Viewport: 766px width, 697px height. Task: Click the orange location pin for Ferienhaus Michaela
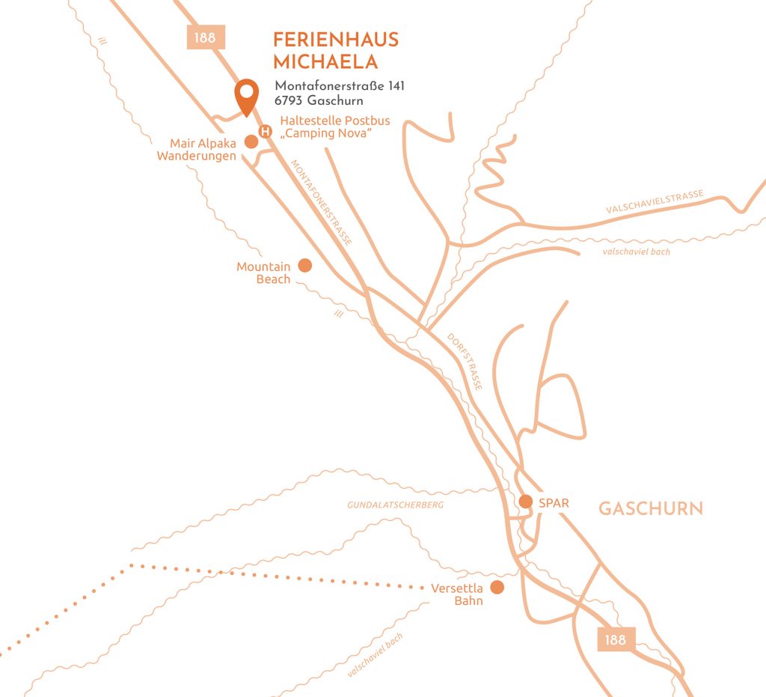point(246,95)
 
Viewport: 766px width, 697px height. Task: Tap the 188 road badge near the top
point(206,37)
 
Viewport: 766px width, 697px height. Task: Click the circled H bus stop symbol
point(265,132)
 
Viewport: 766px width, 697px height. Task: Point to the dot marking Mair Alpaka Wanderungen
point(251,141)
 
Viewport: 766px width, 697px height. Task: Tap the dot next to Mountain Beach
point(304,265)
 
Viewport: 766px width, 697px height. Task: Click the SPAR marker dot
point(526,502)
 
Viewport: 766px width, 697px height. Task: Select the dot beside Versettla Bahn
point(497,588)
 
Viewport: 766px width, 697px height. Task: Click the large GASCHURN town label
point(651,509)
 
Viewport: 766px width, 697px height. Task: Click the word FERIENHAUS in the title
point(336,40)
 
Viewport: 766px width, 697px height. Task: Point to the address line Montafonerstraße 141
point(340,86)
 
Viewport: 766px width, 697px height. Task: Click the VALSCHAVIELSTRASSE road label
point(655,203)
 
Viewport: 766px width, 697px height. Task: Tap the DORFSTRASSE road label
point(465,362)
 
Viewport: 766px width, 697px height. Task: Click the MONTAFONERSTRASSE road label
point(321,203)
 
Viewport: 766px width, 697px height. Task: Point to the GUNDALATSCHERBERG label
point(395,505)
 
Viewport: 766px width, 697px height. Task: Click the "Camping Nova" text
point(326,133)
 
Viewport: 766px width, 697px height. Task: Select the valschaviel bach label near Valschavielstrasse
point(636,252)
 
